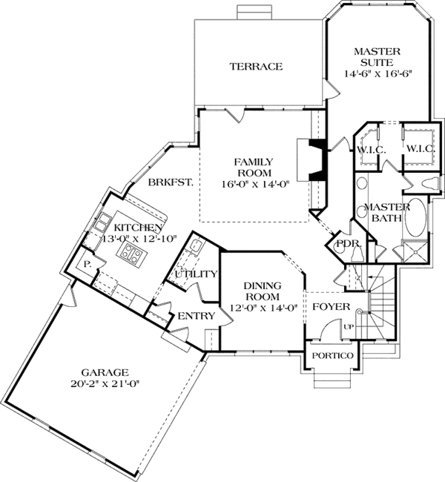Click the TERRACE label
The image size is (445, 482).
point(255,67)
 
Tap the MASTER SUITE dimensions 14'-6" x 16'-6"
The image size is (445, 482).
point(378,74)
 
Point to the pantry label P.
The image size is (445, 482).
point(87,263)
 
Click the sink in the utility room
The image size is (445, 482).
point(193,248)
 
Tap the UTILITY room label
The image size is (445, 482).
point(196,274)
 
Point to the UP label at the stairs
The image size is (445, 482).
point(348,326)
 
